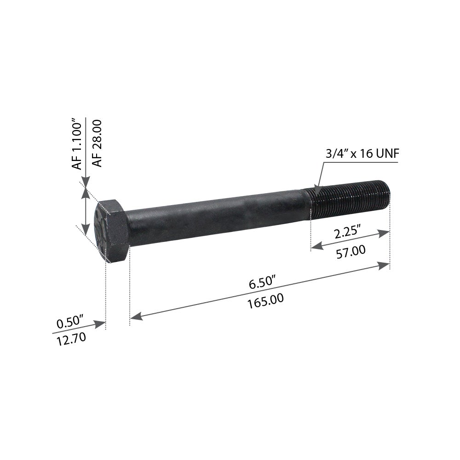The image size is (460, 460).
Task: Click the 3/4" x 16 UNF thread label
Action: click(362, 154)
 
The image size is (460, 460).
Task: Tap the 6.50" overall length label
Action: click(262, 283)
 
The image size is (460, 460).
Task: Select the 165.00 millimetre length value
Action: click(265, 301)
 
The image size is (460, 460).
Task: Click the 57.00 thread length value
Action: click(351, 252)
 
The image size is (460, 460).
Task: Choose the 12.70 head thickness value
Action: click(71, 339)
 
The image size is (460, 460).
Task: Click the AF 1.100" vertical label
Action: click(77, 144)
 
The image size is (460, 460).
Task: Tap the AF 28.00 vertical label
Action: click(97, 143)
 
